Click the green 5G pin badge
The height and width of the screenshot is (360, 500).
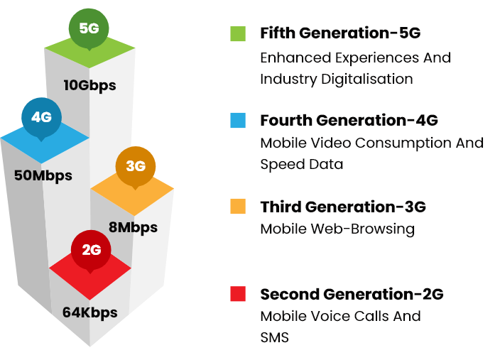pyautogui.click(x=89, y=28)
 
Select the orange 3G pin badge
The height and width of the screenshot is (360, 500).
pyautogui.click(x=135, y=166)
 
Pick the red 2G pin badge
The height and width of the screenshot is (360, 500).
pyautogui.click(x=91, y=250)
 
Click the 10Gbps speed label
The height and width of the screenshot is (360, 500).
pyautogui.click(x=89, y=86)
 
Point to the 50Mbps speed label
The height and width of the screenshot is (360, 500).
pyautogui.click(x=43, y=175)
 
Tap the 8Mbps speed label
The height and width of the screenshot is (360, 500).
pyautogui.click(x=133, y=228)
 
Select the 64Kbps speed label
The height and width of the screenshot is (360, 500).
pyautogui.click(x=90, y=312)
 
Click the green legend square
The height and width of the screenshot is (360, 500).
pyautogui.click(x=238, y=33)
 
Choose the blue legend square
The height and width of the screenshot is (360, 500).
pyautogui.click(x=238, y=120)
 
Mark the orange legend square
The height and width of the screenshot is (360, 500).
pyautogui.click(x=238, y=207)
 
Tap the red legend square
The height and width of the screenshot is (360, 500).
pyautogui.click(x=238, y=294)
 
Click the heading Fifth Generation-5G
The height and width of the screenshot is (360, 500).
pyautogui.click(x=340, y=33)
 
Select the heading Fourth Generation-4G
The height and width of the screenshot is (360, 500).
pyautogui.click(x=349, y=120)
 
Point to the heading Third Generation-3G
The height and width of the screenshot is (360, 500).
pyautogui.click(x=343, y=207)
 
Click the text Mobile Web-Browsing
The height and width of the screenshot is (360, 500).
pyautogui.click(x=337, y=229)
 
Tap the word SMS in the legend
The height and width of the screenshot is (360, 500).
pyautogui.click(x=274, y=338)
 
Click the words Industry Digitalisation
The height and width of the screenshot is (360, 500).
pyautogui.click(x=337, y=80)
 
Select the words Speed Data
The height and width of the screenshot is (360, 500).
pyautogui.click(x=302, y=164)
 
